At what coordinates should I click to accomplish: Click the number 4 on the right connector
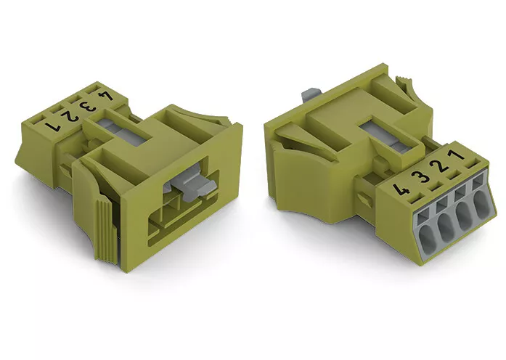pos(401,189)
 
